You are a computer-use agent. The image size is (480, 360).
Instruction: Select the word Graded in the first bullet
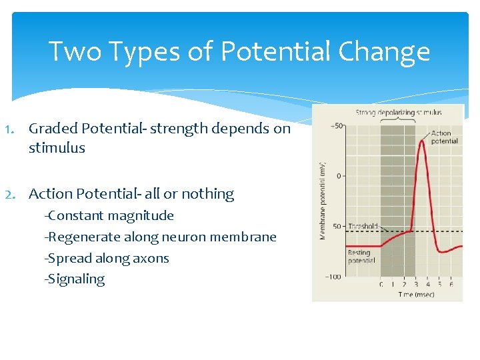(53, 129)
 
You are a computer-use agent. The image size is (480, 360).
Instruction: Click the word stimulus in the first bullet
(57, 148)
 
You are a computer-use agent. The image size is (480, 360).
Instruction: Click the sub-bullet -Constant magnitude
(109, 215)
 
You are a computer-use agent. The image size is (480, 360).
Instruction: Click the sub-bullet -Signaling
(74, 279)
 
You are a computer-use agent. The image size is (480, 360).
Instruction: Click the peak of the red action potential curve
(421, 139)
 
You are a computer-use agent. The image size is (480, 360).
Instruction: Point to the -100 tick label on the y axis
(334, 277)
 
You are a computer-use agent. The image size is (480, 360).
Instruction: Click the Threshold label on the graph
(363, 226)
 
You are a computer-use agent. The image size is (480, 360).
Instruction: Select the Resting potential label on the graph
(361, 257)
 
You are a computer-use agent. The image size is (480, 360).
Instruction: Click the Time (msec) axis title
(417, 294)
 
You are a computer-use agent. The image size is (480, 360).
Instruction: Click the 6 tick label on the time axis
(451, 285)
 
